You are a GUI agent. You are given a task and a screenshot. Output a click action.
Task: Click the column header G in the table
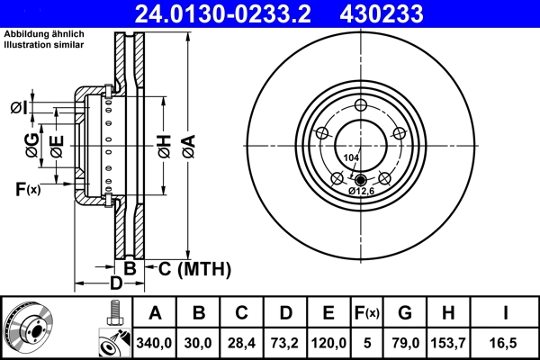click(x=405, y=313)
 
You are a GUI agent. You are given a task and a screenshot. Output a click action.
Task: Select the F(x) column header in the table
click(x=366, y=313)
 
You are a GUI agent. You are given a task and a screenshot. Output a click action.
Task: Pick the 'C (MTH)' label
click(x=195, y=268)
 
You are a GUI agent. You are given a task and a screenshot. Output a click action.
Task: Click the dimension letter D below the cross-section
click(x=115, y=284)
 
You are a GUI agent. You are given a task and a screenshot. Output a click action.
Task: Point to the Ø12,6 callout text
click(x=364, y=190)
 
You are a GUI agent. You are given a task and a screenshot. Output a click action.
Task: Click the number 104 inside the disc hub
click(x=352, y=157)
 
